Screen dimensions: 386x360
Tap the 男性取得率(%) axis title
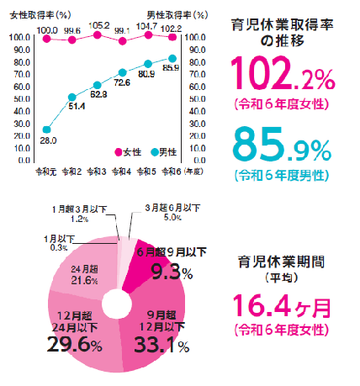177,15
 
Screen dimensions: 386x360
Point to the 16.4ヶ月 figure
282,303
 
